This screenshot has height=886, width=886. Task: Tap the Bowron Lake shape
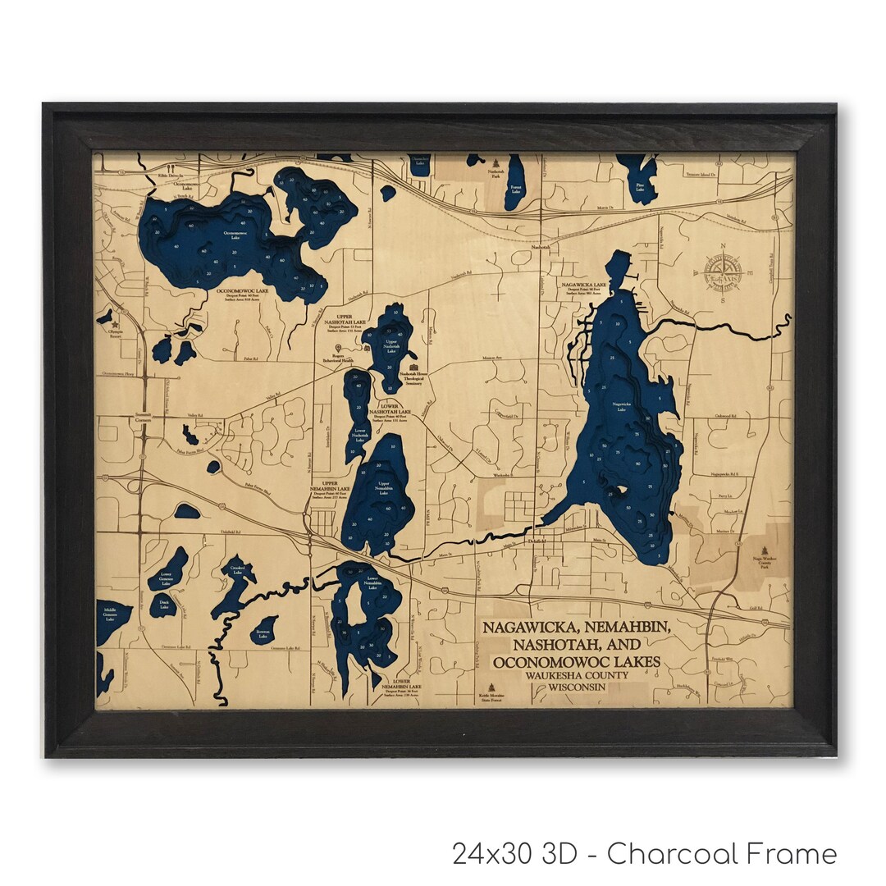pyautogui.click(x=263, y=630)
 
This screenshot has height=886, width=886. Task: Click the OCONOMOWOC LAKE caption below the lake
pyautogui.click(x=245, y=290)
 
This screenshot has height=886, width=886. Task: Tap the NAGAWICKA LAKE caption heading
pyautogui.click(x=584, y=283)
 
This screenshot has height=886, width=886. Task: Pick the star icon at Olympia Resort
pyautogui.click(x=109, y=313)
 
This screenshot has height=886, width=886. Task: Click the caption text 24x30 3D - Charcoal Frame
pyautogui.click(x=644, y=853)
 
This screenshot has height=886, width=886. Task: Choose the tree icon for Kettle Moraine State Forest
pyautogui.click(x=492, y=687)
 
